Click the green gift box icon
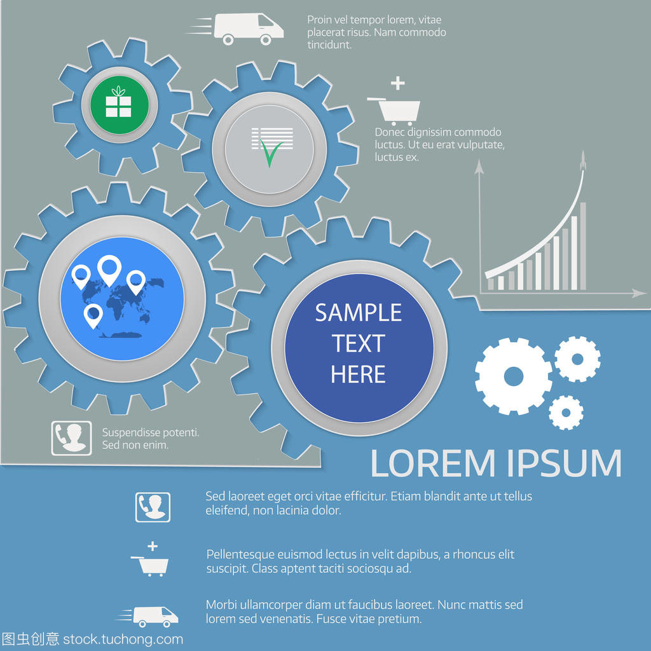pos(118,104)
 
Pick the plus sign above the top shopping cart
pos(397,83)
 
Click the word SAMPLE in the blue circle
pos(359,313)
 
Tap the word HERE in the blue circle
pos(359,374)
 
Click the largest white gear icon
pos(513,376)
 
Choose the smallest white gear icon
pos(566,412)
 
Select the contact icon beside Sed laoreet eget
pos(153,506)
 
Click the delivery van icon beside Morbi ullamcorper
pos(154,615)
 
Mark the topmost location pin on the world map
pos(110,270)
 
